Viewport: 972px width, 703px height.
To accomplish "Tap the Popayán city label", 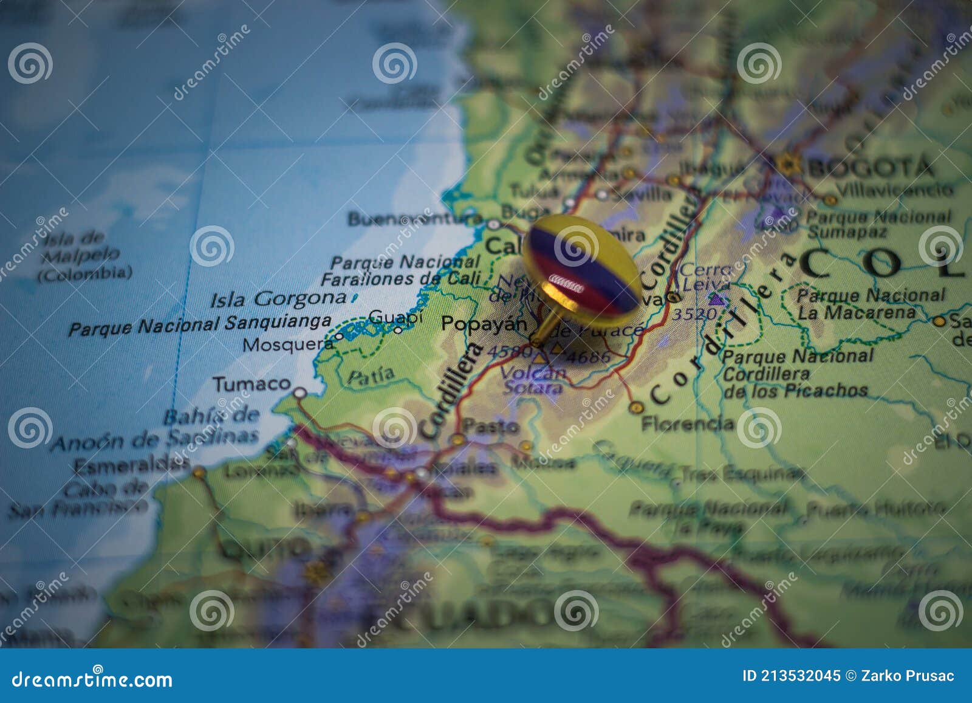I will pos(484,323).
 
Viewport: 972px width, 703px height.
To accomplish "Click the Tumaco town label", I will pos(252,384).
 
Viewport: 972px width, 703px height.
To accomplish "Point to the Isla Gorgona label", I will pos(278,299).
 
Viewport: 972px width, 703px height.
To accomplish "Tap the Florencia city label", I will pos(688,423).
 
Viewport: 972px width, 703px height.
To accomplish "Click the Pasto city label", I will pos(491,427).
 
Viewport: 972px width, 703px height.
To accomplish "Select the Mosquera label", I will pos(288,345).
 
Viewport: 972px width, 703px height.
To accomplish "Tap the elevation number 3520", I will pos(694,314).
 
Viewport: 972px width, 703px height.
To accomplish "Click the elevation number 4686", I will pos(587,357).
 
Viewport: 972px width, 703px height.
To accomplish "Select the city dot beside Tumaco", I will pos(299,393).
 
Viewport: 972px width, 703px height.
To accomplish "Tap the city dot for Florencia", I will pos(635,407).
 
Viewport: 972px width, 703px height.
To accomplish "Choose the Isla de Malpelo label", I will pos(84,255).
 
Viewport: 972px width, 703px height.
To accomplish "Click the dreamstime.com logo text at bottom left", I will pos(92,679).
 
